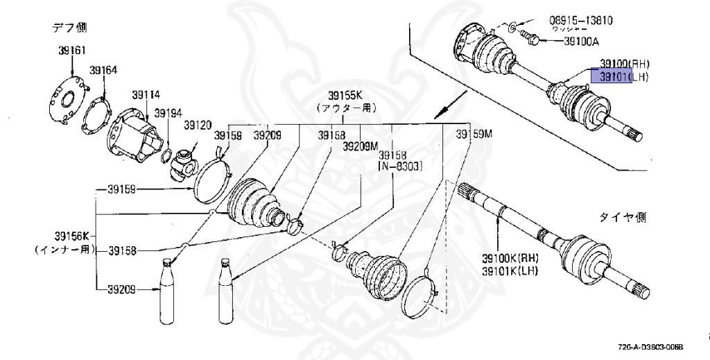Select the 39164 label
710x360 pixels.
(104, 69)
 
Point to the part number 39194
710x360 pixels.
(168, 112)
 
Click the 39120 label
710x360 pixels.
(197, 126)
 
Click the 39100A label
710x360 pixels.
(581, 42)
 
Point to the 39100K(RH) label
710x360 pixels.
(512, 259)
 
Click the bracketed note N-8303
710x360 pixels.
(400, 167)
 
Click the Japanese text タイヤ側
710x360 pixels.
(621, 217)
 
